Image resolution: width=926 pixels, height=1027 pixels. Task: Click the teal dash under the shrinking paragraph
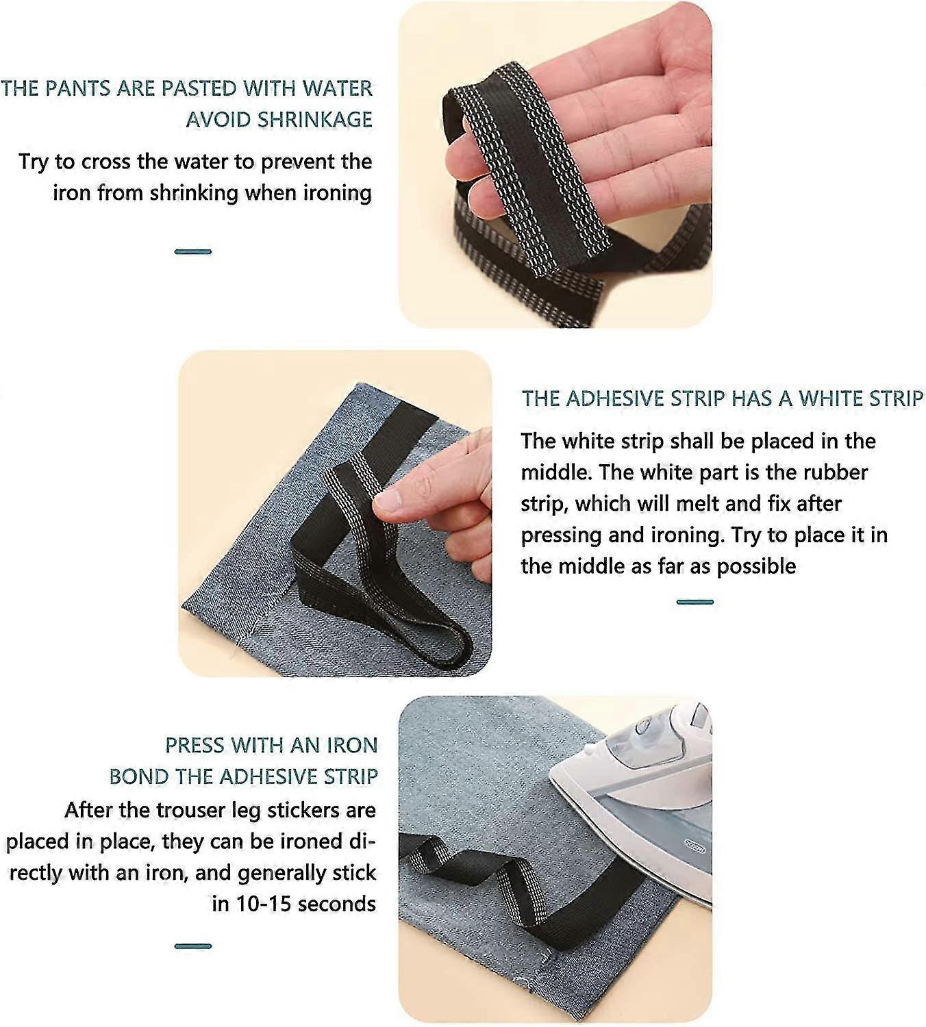pyautogui.click(x=193, y=252)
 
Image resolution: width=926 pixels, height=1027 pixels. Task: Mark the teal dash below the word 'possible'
pyautogui.click(x=694, y=602)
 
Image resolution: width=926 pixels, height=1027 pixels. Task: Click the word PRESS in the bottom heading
pyautogui.click(x=195, y=745)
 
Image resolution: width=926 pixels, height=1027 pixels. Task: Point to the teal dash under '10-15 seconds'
pyautogui.click(x=193, y=946)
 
